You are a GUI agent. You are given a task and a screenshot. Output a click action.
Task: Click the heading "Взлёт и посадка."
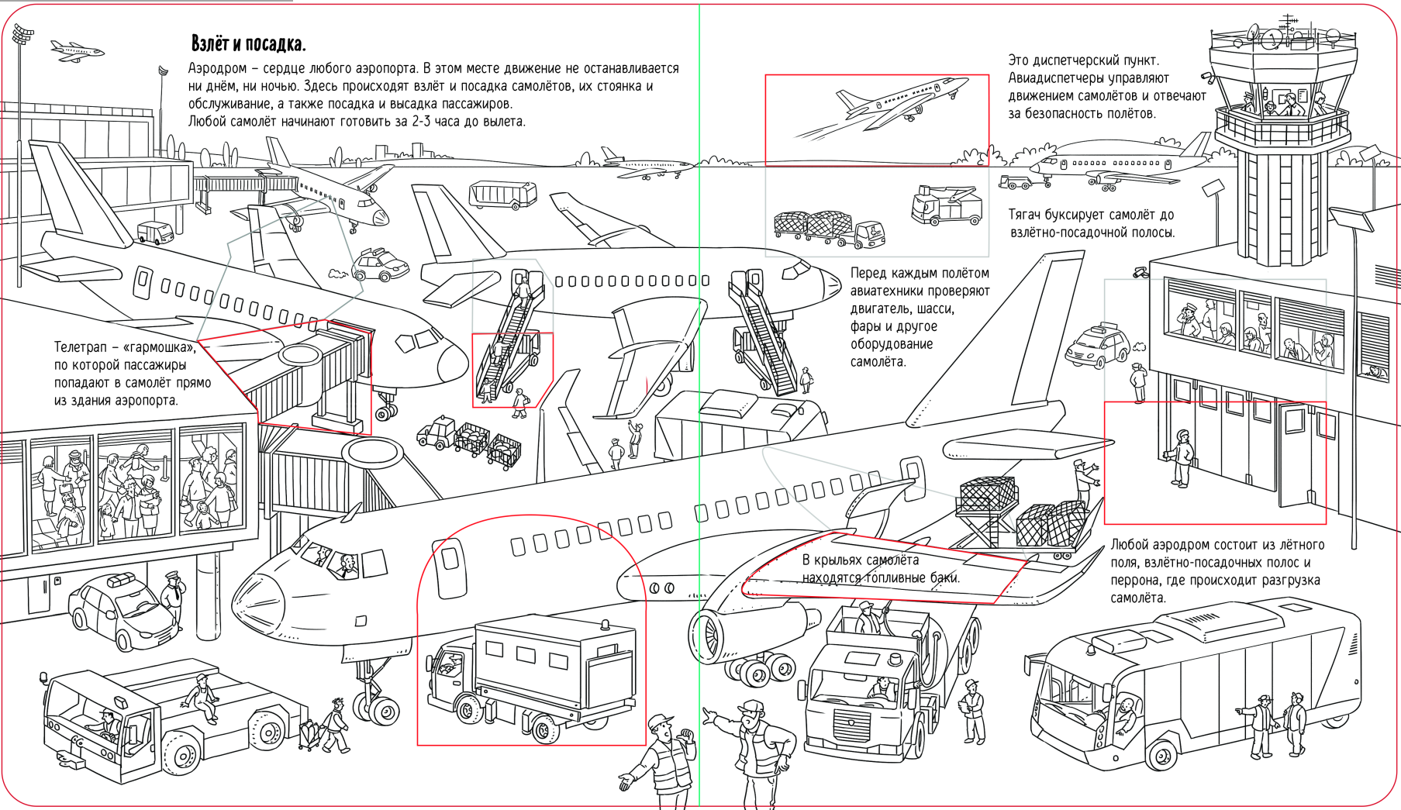pos(248,43)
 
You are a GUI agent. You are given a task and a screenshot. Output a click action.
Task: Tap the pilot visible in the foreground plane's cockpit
pos(346,564)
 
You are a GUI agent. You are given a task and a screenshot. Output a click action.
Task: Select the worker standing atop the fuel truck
pos(869,618)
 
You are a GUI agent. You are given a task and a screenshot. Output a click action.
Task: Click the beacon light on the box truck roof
pos(604,624)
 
